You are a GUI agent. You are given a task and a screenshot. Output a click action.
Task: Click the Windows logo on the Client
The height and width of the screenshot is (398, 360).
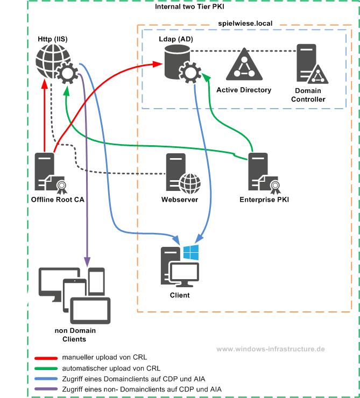tap(190, 253)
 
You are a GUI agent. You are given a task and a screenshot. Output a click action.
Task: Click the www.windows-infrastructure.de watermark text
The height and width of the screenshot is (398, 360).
tap(271, 349)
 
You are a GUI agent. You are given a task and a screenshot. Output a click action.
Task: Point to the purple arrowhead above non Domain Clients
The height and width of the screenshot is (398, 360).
tap(86, 262)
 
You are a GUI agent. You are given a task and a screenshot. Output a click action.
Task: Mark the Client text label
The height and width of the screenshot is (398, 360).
tap(180, 295)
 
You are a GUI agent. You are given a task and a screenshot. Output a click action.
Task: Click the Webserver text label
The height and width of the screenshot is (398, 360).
tap(180, 200)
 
